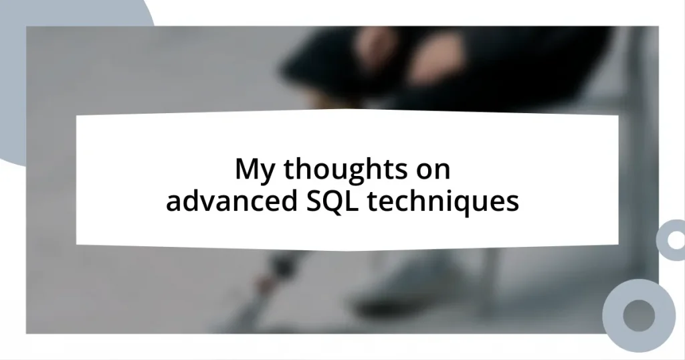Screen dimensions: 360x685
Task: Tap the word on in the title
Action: coord(434,171)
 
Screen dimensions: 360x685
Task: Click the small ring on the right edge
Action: coord(671,240)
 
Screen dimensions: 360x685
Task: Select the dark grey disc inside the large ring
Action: coord(638,314)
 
